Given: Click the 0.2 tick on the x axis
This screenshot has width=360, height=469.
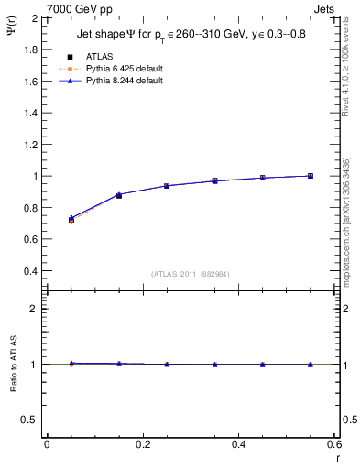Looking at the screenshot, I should tap(143, 444).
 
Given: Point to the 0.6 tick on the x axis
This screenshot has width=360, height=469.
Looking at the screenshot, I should tap(333, 444).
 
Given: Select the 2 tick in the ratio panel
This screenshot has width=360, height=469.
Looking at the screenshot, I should tap(35, 309).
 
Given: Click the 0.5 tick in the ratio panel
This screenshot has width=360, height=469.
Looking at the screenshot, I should tap(30, 420).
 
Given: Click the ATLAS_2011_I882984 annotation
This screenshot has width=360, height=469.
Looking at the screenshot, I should tap(191, 274).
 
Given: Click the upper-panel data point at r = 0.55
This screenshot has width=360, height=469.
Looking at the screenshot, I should tap(311, 176).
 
